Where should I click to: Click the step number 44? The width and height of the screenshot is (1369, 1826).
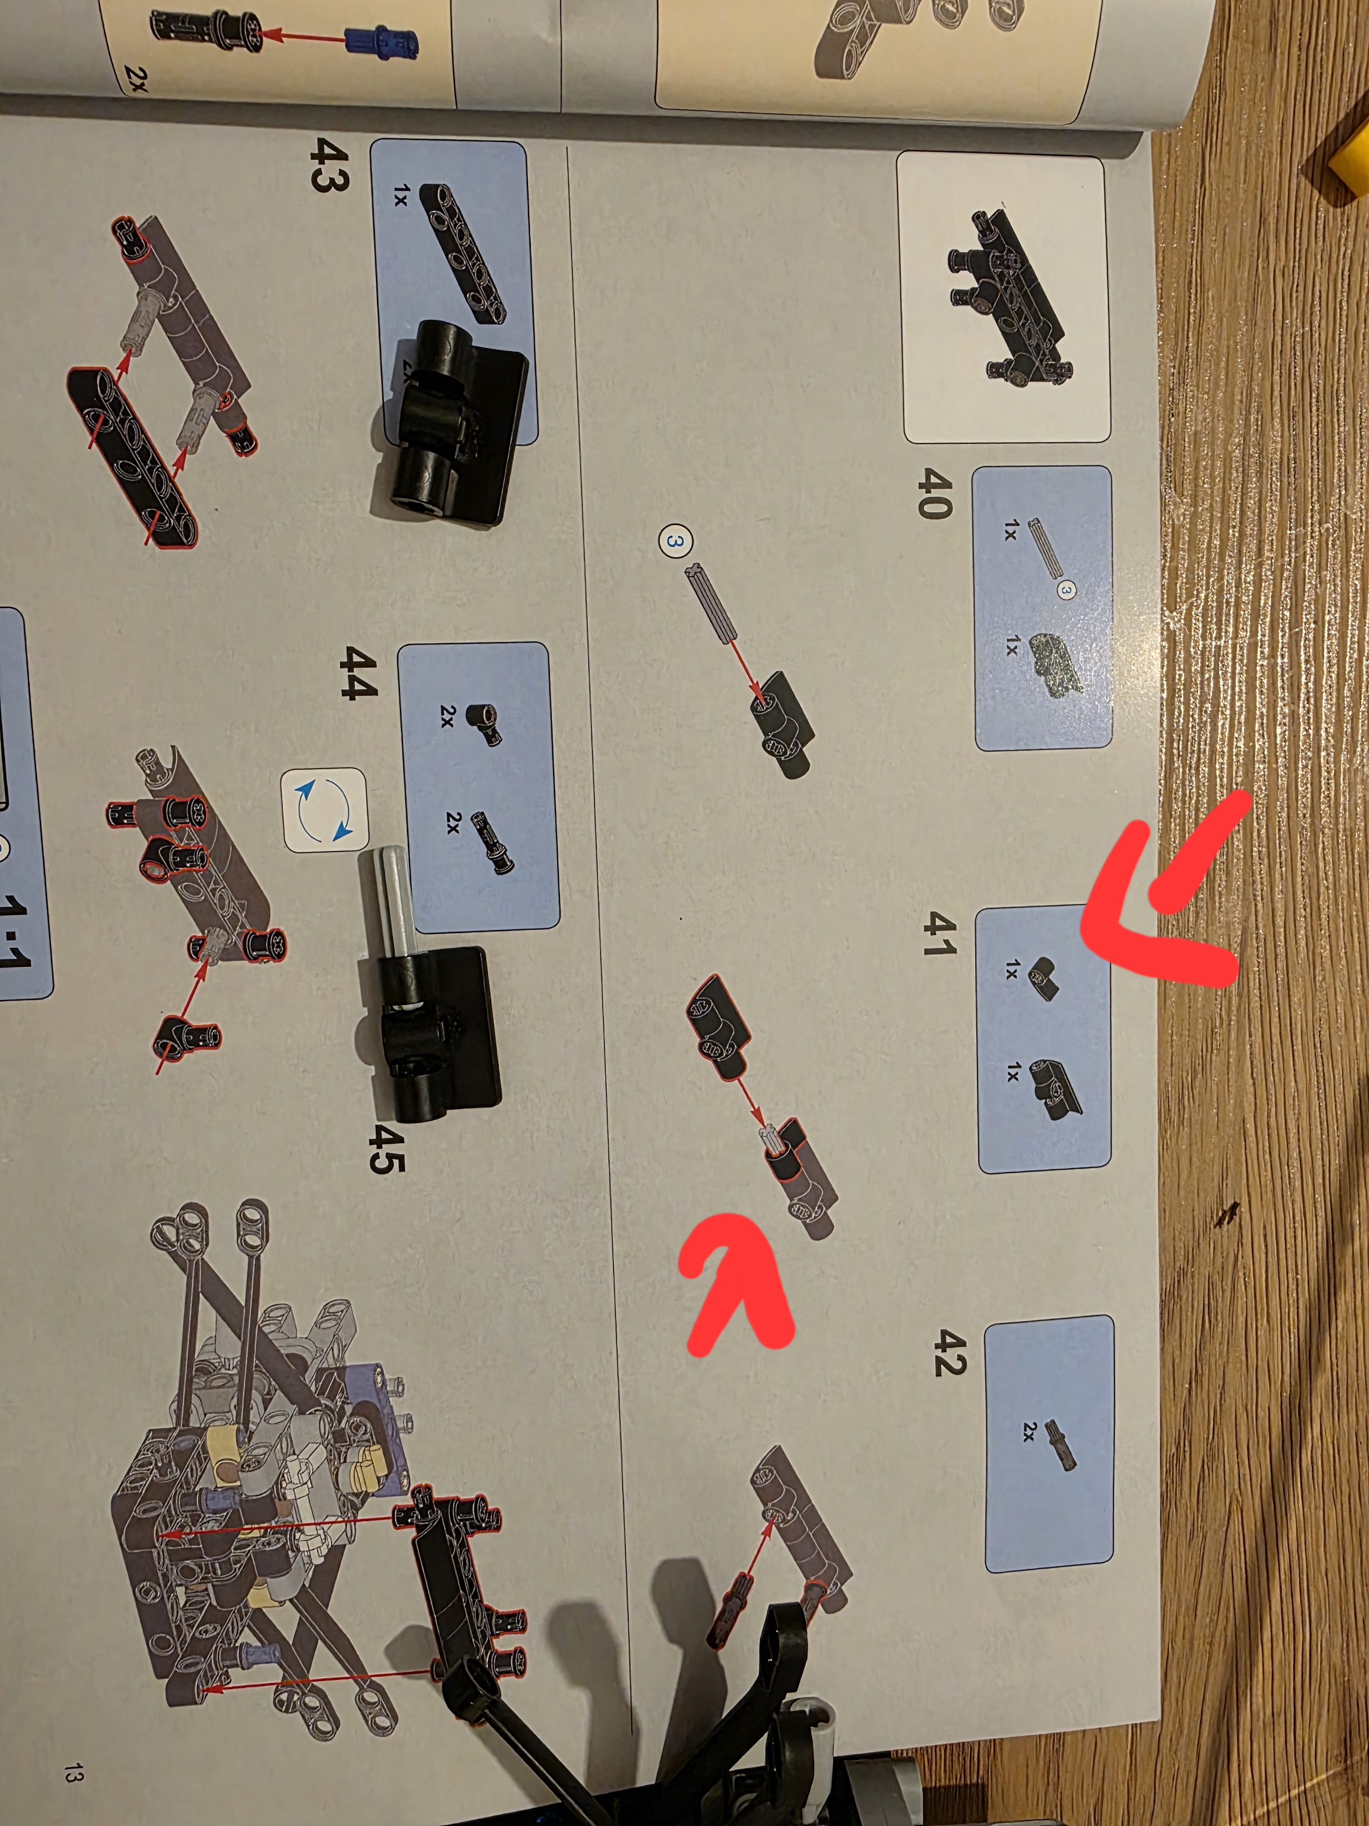(x=357, y=673)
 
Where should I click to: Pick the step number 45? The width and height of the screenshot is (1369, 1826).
(x=385, y=1148)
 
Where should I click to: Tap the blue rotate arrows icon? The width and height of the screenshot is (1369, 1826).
(x=324, y=810)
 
